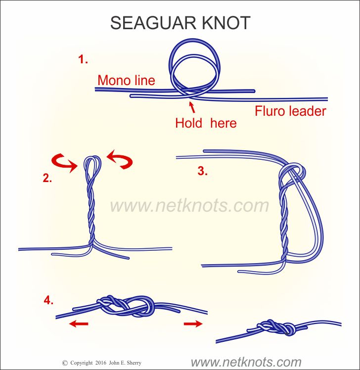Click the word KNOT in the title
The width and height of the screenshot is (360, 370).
tap(226, 23)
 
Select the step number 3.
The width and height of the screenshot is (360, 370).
tap(203, 171)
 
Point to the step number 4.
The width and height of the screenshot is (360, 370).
tap(48, 300)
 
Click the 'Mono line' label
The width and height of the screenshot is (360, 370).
tap(126, 80)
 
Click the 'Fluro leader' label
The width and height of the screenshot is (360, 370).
tap(290, 111)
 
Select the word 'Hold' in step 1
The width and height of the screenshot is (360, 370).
tap(189, 123)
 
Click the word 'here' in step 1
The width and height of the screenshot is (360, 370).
tap(224, 123)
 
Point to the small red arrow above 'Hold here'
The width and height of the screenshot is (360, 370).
tap(192, 107)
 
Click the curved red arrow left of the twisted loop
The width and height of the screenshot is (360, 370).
tap(64, 163)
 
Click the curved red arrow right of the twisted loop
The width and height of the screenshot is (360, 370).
tap(120, 159)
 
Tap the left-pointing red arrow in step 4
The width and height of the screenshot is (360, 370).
tap(79, 324)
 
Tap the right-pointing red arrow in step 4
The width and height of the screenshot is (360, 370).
tap(193, 324)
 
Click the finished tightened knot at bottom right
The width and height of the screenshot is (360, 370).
tap(276, 327)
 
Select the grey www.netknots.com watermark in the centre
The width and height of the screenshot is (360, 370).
tap(189, 206)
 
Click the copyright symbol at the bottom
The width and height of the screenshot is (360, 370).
tap(65, 363)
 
